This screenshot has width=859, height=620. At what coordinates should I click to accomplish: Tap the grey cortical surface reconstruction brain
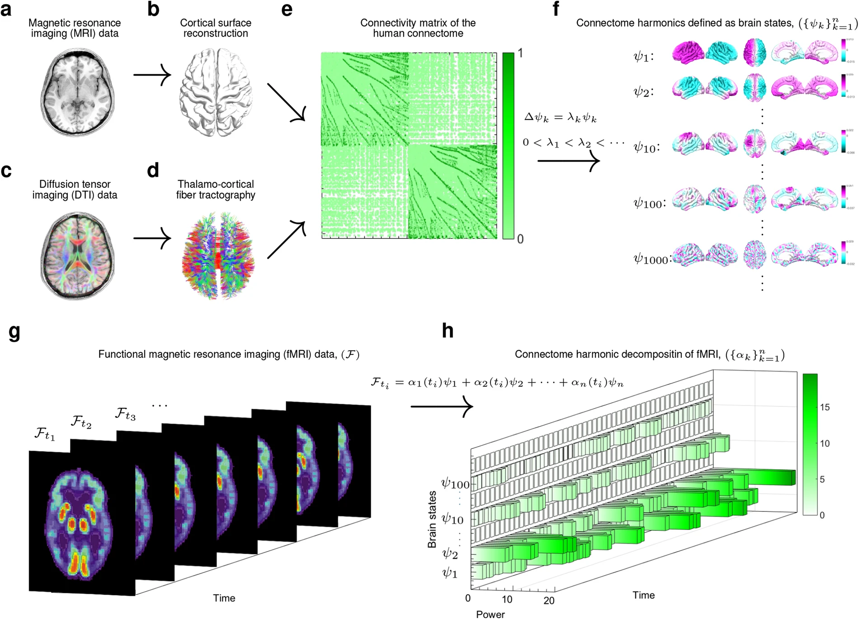pyautogui.click(x=216, y=91)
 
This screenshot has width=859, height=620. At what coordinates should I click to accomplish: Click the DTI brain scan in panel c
pyautogui.click(x=77, y=255)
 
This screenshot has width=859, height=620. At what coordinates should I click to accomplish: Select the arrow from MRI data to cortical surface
pyautogui.click(x=152, y=75)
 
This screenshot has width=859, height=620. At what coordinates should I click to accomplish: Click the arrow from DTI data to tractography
pyautogui.click(x=152, y=238)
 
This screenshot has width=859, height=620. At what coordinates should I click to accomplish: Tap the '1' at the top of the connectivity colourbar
pyautogui.click(x=520, y=53)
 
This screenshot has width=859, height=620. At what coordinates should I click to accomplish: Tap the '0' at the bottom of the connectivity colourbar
pyautogui.click(x=520, y=239)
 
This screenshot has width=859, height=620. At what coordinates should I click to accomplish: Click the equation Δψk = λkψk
pyautogui.click(x=560, y=118)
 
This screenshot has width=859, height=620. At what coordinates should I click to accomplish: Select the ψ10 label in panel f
pyautogui.click(x=647, y=147)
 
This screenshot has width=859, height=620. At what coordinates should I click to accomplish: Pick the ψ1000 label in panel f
pyautogui.click(x=651, y=259)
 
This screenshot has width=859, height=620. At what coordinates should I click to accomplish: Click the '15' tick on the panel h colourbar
pyautogui.click(x=825, y=407)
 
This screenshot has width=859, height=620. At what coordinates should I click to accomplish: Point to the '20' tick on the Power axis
pyautogui.click(x=549, y=601)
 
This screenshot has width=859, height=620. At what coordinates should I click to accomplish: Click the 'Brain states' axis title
pyautogui.click(x=432, y=519)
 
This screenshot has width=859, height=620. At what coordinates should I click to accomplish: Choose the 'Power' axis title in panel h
pyautogui.click(x=490, y=614)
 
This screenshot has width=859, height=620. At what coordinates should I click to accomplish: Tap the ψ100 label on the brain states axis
pyautogui.click(x=455, y=484)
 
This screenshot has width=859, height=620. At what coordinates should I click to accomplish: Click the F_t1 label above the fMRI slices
pyautogui.click(x=44, y=434)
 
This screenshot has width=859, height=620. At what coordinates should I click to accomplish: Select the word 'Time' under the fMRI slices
pyautogui.click(x=224, y=598)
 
